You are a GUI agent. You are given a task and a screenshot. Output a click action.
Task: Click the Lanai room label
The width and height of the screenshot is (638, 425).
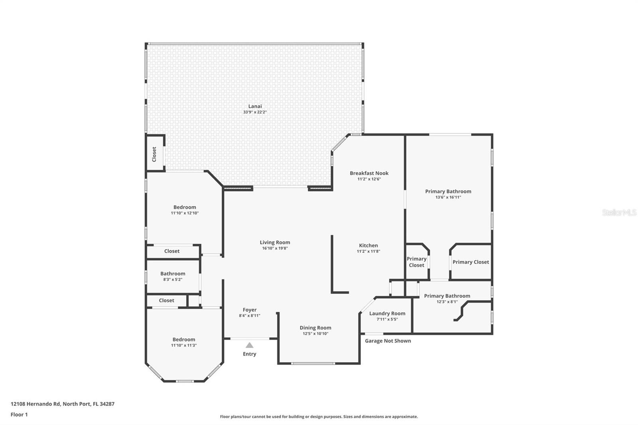point(255,106)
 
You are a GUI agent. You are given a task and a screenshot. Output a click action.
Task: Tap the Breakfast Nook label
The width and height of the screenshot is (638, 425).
point(369,173)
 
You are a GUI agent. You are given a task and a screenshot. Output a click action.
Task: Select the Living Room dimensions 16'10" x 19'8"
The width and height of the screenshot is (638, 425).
point(275,248)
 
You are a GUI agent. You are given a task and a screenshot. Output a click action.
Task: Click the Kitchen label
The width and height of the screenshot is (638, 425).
point(368,246)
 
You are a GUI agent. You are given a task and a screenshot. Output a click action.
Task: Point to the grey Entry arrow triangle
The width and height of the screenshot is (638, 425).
point(249,345)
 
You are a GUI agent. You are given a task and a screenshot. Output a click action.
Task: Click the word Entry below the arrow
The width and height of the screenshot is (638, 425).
point(249,354)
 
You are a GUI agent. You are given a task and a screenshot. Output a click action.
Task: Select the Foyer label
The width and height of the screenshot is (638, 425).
point(250,310)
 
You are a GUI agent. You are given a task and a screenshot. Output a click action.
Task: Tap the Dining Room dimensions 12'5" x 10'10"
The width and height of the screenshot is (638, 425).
point(315,334)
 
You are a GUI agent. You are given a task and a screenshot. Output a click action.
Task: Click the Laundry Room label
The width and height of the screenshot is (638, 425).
point(387,313)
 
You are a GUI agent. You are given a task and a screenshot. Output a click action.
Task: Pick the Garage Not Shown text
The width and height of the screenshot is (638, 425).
point(388,341)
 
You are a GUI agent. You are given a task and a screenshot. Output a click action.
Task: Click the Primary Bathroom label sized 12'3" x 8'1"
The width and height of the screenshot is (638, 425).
point(447,296)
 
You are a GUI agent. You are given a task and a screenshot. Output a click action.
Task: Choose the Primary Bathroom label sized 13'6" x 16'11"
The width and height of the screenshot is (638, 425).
point(448,191)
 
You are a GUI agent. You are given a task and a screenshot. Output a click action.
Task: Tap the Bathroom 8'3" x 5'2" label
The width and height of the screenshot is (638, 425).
point(173,273)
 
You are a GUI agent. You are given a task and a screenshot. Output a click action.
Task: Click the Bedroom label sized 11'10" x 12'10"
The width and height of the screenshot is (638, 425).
point(185,207)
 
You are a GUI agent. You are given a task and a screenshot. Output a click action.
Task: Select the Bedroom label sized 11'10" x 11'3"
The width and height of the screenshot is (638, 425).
point(184,340)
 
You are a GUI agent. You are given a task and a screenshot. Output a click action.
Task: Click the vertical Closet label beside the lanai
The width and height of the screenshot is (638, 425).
point(154,154)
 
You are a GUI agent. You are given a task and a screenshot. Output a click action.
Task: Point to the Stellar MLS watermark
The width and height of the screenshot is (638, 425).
point(619,212)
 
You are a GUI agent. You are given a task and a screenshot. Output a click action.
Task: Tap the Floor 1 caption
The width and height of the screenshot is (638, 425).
point(19,415)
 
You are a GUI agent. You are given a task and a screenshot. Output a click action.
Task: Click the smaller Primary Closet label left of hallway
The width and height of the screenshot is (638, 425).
point(416,262)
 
